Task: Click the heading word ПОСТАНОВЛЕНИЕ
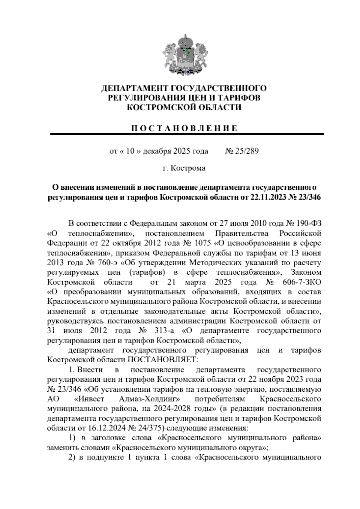coord(185,128)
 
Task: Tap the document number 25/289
coord(247,151)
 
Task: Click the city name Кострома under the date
coord(188,168)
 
